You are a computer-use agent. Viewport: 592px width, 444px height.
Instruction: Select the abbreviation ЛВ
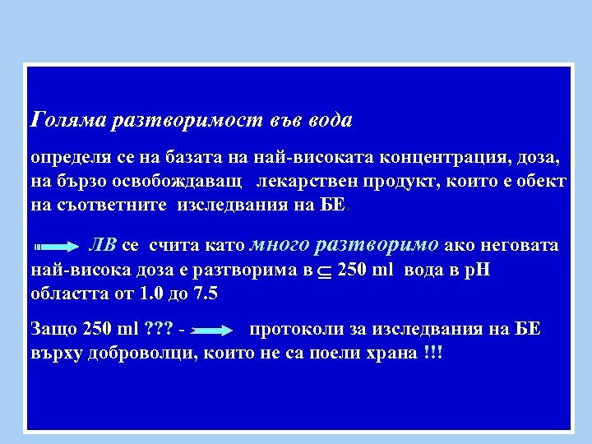click(x=103, y=245)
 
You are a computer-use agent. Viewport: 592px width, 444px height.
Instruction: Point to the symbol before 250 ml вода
click(x=326, y=271)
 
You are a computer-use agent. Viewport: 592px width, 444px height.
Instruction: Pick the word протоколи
click(x=296, y=330)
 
